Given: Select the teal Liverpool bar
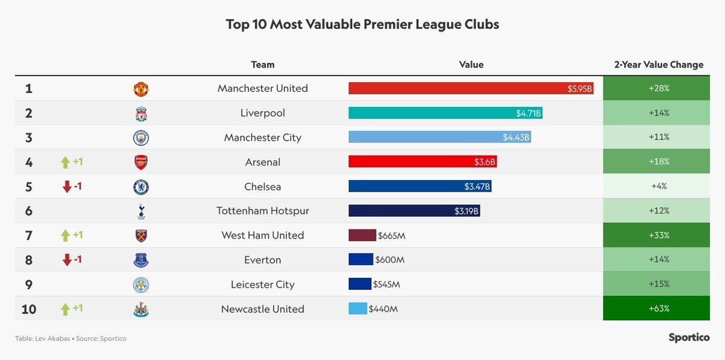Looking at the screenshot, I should tap(445, 113).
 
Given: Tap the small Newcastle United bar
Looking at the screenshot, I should tap(358, 309).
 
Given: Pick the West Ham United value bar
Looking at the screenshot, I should tap(362, 236).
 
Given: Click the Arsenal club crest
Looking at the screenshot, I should tap(141, 162).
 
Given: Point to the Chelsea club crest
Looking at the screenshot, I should tap(141, 187).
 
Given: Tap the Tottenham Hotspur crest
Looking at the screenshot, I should tap(141, 211).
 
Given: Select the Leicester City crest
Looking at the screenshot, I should tap(141, 285).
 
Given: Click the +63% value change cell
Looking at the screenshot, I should tap(656, 309).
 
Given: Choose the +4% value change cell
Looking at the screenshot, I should tap(656, 187).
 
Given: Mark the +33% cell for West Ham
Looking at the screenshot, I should tap(656, 236).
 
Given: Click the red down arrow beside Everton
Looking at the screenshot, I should tap(66, 260).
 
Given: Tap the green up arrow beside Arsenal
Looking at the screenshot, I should tap(65, 162).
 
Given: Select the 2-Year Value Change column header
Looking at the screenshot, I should tap(659, 65).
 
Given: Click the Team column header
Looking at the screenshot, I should tap(263, 65).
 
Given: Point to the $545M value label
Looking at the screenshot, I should tap(387, 284).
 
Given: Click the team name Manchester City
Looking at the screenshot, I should tap(263, 138).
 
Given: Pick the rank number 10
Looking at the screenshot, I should tap(29, 309).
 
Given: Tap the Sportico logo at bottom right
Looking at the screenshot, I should tap(689, 338).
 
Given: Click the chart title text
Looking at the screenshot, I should tap(362, 25).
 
